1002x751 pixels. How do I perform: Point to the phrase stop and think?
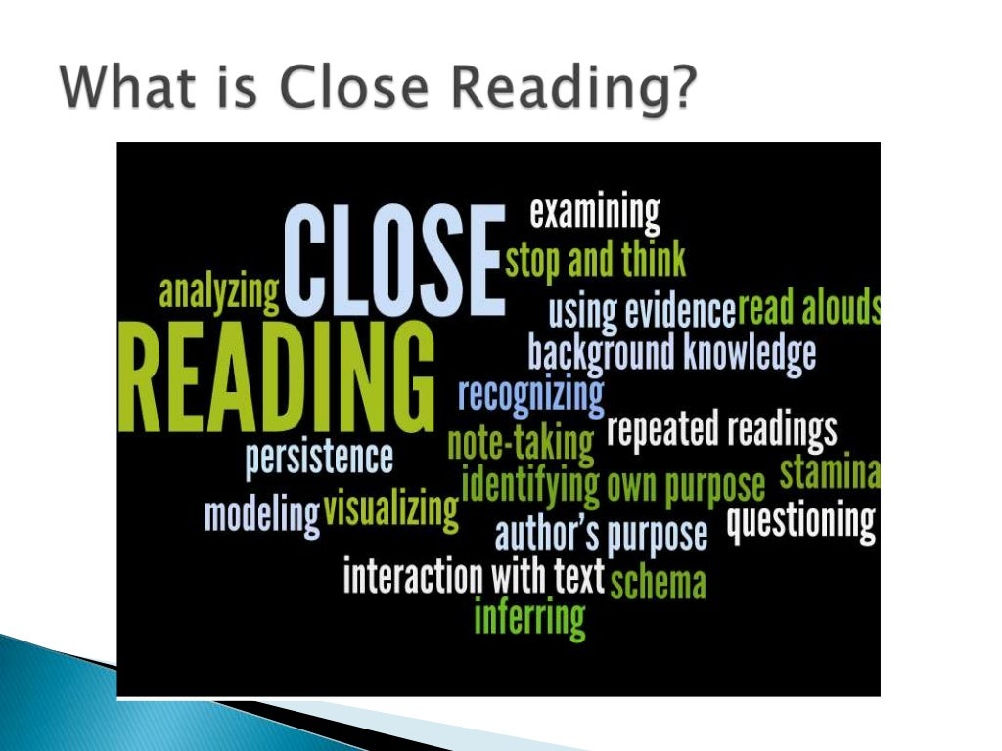click(595, 260)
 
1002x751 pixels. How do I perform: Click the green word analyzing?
click(219, 291)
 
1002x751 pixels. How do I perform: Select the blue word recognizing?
click(530, 395)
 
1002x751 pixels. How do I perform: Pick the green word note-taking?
click(521, 443)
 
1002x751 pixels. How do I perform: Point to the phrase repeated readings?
click(722, 430)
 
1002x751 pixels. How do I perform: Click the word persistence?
click(319, 458)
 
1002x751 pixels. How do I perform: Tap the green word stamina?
click(829, 473)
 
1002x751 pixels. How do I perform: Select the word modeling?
click(261, 514)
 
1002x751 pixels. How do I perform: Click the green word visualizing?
click(390, 509)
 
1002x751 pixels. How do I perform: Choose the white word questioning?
click(800, 521)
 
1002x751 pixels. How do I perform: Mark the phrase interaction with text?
click(474, 576)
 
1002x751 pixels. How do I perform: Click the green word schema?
click(658, 582)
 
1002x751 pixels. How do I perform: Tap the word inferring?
click(529, 617)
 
